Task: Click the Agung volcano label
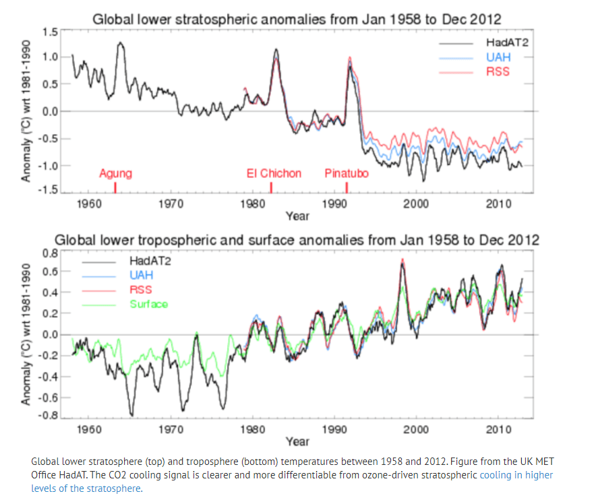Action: tap(115, 174)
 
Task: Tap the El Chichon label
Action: tap(274, 174)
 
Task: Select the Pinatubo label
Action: tap(347, 174)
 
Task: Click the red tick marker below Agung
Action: tap(115, 187)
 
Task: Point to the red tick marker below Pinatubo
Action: tap(347, 187)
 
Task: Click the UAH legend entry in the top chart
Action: tap(498, 57)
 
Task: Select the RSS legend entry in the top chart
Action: tap(498, 71)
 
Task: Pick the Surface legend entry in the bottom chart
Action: tap(148, 304)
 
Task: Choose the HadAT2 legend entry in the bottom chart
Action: tap(150, 261)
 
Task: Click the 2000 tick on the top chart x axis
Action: tap(416, 204)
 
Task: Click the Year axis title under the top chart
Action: tap(297, 216)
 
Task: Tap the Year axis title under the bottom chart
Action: tap(297, 441)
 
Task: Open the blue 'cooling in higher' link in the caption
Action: tap(516, 475)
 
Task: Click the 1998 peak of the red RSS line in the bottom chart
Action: tap(403, 259)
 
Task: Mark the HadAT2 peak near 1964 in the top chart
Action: tap(121, 43)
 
